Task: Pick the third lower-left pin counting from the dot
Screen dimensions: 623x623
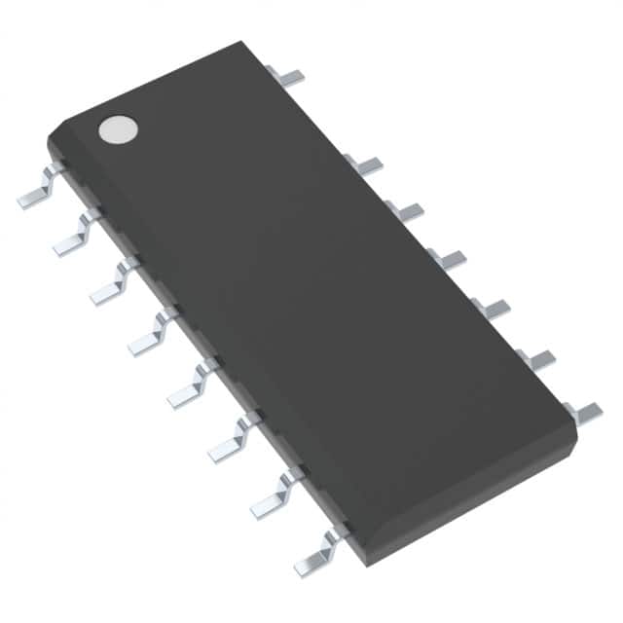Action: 113,285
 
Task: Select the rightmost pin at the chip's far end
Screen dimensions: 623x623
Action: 586,413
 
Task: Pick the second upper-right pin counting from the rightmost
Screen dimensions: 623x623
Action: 537,358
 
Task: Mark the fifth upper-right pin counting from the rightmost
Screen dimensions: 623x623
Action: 407,210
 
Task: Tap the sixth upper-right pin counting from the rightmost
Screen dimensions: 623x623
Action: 366,165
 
